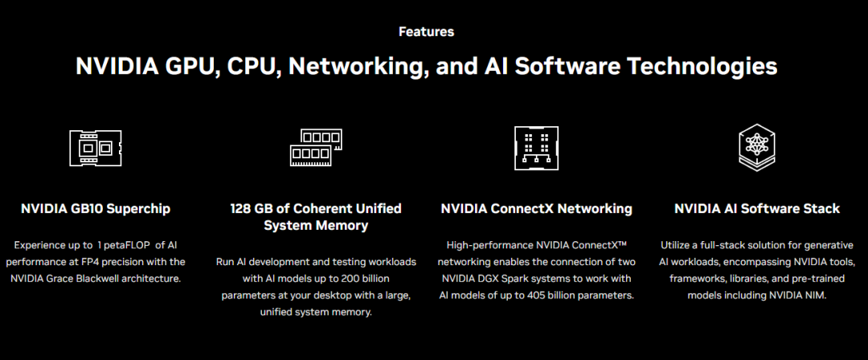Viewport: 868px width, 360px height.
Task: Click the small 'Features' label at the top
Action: (x=426, y=32)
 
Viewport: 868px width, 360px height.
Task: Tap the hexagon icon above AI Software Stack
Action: (x=756, y=146)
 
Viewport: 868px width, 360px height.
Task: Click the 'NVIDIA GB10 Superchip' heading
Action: (x=96, y=209)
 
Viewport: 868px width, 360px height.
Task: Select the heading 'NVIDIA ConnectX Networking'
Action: (x=536, y=209)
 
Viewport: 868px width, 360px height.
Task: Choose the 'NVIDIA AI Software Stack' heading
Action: (x=756, y=209)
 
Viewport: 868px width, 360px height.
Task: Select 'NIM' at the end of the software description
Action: (x=813, y=295)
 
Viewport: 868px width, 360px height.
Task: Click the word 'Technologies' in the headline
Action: (x=690, y=66)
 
